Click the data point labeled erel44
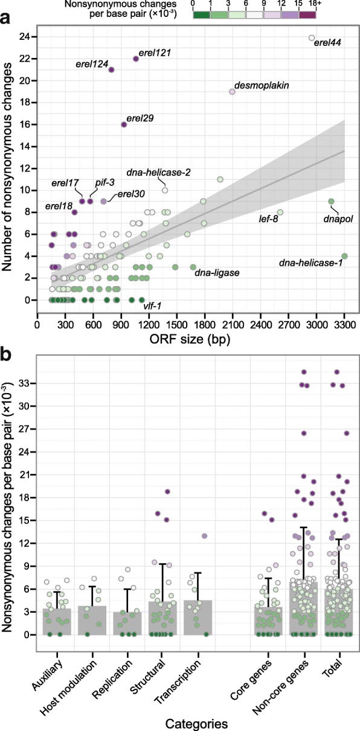coord(312,37)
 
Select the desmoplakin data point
coord(233,92)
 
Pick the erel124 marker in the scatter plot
coord(112,69)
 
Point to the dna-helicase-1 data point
coord(344,256)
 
